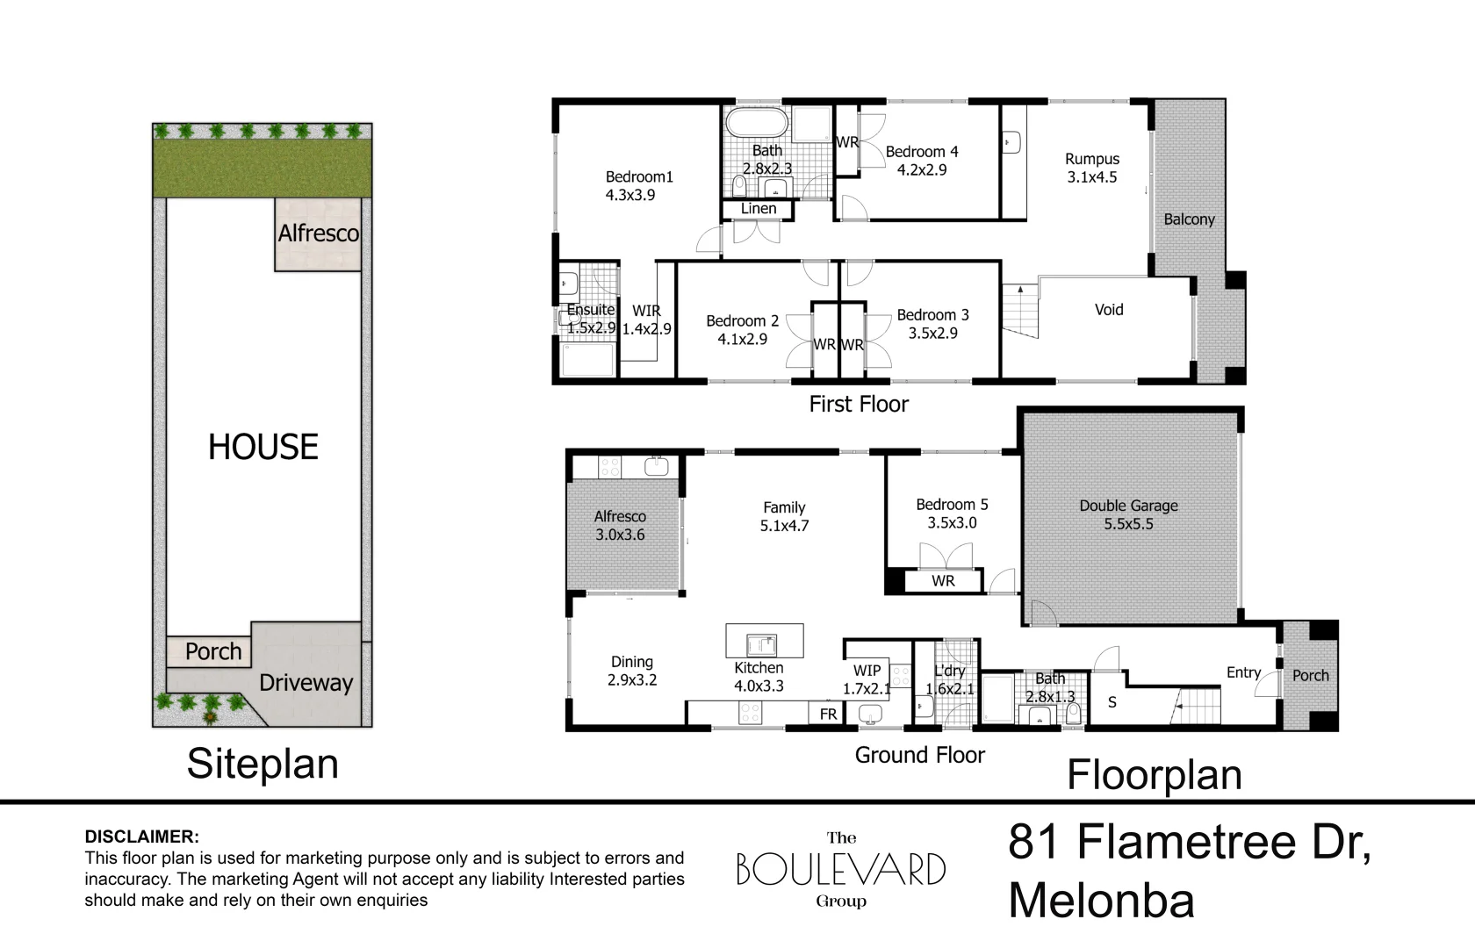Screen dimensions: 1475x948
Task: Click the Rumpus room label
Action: click(1092, 159)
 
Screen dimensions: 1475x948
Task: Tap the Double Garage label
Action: click(1129, 506)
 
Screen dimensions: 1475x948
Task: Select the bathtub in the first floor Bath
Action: click(757, 123)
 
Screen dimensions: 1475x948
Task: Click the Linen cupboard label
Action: click(759, 209)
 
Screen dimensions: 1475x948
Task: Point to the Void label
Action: click(1109, 309)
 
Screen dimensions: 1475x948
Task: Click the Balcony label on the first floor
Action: click(1189, 219)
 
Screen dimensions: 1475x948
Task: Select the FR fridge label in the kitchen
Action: click(829, 714)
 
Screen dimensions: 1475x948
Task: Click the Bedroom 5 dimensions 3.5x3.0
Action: click(952, 523)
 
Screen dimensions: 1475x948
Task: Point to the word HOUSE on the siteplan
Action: click(263, 447)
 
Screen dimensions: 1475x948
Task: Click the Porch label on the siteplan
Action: click(213, 651)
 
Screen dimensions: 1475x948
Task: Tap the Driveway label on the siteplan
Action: click(306, 683)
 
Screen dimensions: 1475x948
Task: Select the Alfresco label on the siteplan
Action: click(319, 233)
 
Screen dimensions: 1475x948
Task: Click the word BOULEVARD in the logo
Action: click(841, 869)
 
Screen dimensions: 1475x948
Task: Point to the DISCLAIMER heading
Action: click(141, 837)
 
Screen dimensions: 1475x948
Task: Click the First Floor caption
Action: click(859, 404)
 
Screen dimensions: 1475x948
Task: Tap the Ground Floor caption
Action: click(920, 755)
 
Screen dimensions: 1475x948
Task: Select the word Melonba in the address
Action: click(1102, 901)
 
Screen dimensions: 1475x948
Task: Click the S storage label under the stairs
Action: click(1112, 702)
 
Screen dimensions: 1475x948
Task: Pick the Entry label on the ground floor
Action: click(1243, 672)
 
